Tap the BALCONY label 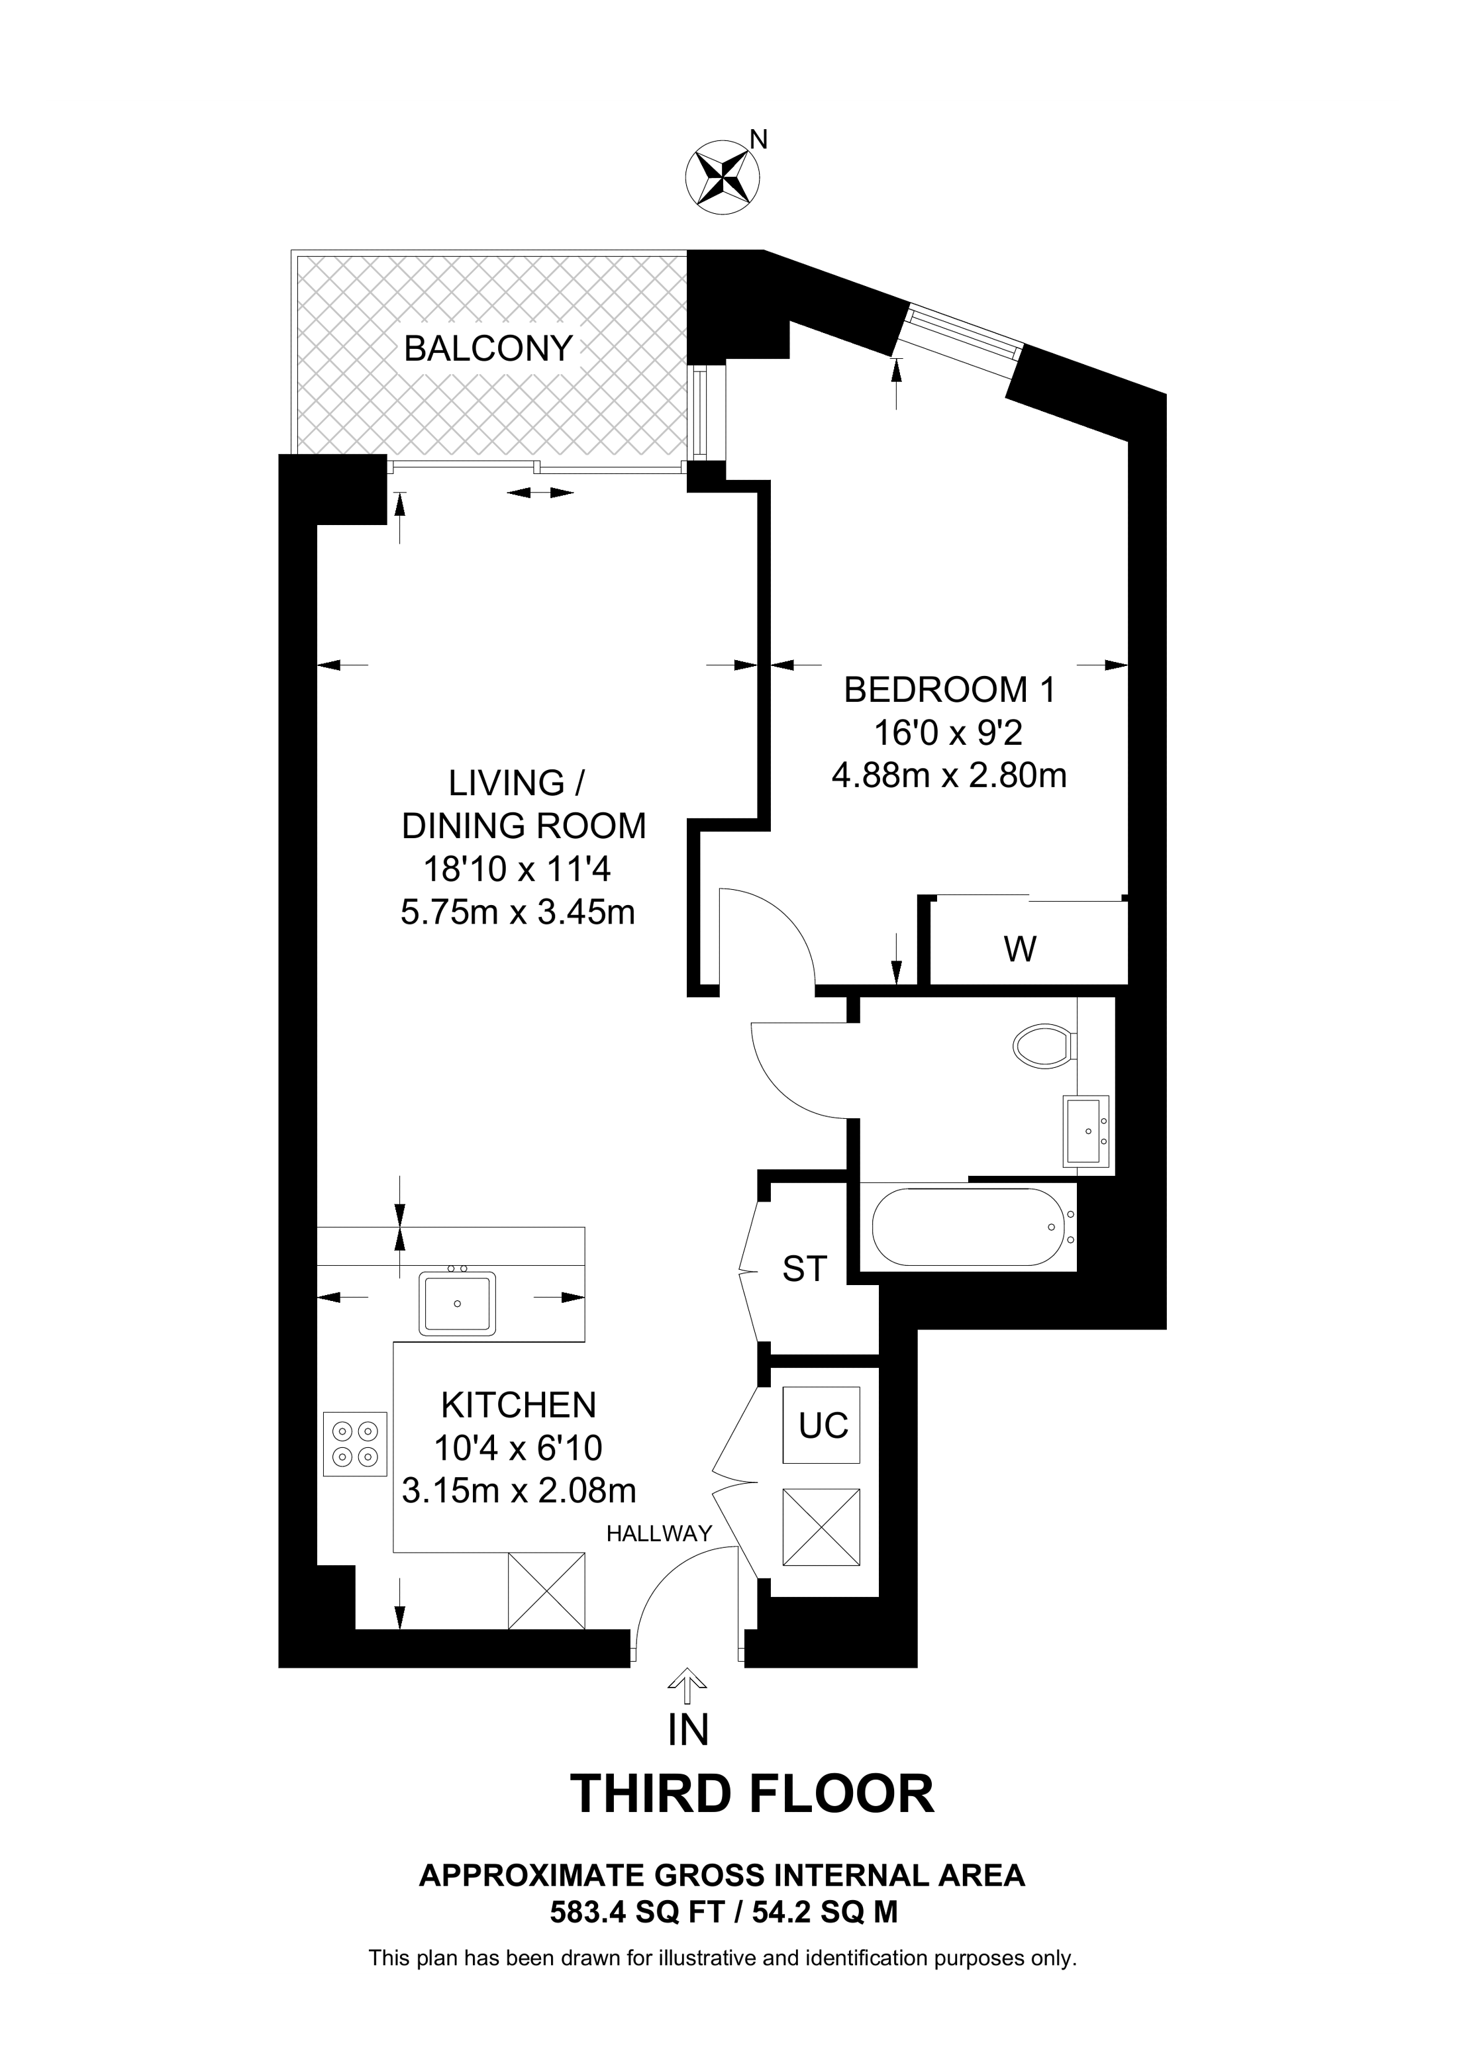(488, 348)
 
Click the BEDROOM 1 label (949, 689)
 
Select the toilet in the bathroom (1043, 1046)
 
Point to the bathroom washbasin (1086, 1131)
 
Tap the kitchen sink (458, 1302)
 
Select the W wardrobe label (1020, 949)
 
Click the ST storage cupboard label (805, 1269)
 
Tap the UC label (823, 1425)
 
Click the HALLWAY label (659, 1534)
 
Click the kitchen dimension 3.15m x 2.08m (519, 1491)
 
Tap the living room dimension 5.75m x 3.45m (518, 912)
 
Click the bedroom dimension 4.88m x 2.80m (949, 775)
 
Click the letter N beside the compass (758, 139)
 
